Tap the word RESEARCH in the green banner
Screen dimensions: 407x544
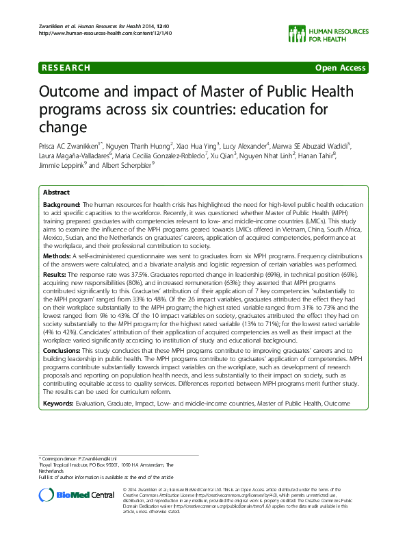tap(66, 68)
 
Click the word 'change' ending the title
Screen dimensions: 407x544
tap(63, 127)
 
